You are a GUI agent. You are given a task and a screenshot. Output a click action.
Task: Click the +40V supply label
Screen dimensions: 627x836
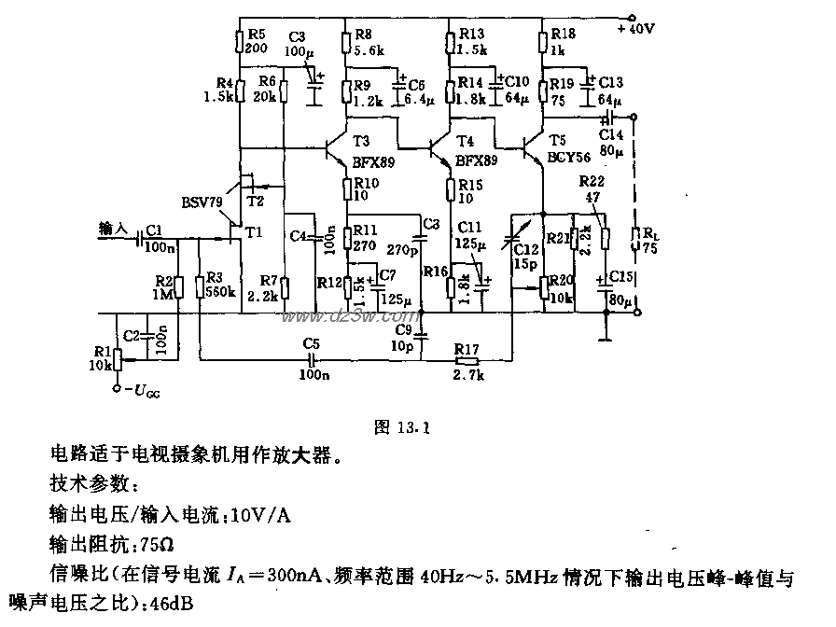pos(638,28)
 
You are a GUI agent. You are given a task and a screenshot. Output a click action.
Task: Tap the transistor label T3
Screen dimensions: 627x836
pos(362,141)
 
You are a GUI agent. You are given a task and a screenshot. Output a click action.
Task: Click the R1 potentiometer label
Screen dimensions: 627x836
pos(98,350)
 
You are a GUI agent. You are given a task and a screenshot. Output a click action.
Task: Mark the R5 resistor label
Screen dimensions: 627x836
pos(255,35)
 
